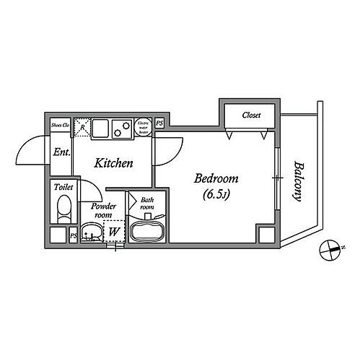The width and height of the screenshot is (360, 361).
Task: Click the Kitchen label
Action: pos(114,163)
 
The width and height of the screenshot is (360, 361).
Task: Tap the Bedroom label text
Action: pos(217,178)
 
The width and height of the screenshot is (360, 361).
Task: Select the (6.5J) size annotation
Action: pos(216,194)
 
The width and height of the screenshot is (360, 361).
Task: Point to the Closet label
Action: pos(251,115)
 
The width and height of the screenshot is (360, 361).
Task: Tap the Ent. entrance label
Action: pos(61,152)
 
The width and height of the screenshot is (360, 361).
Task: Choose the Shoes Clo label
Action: pos(60,126)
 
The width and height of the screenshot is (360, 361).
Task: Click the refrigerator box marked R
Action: pos(84,128)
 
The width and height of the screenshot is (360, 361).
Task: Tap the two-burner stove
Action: pos(120,129)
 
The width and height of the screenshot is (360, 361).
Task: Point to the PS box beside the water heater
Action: pos(159,124)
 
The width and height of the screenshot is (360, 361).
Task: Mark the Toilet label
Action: pos(63,188)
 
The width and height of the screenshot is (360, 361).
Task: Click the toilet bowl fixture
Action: pos(63,212)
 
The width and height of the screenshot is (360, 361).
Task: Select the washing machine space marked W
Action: pos(114,232)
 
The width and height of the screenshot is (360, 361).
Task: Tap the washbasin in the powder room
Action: pos(91,232)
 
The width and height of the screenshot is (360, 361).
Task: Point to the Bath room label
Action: pos(146,204)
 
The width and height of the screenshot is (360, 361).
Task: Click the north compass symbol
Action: pos(329,251)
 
